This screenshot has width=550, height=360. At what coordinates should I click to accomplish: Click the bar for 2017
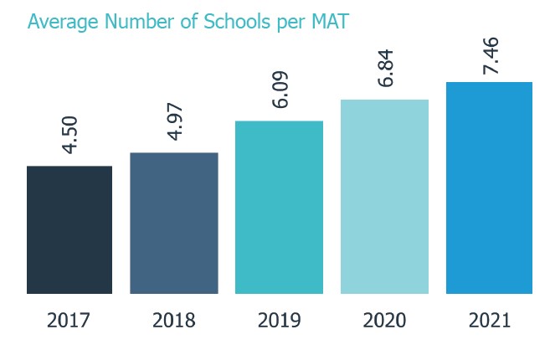69,230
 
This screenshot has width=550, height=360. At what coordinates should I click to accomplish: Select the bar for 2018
174,224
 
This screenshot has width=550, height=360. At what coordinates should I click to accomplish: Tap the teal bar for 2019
279,208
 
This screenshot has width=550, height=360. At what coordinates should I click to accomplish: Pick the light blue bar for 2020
384,197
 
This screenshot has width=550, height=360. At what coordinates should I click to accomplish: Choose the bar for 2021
489,188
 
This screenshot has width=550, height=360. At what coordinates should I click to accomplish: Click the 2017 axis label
69,321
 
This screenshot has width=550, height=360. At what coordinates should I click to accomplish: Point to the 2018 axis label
174,321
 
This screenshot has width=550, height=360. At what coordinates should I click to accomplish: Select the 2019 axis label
279,321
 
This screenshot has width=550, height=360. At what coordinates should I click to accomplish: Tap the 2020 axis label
384,321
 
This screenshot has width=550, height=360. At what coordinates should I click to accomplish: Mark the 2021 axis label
489,321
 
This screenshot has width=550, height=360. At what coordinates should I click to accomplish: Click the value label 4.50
70,134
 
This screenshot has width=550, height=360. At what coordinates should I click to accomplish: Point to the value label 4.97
175,121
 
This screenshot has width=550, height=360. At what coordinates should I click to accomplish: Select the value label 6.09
280,89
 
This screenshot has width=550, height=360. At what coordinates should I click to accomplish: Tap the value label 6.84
385,68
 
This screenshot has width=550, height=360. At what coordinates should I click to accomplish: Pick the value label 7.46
491,54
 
